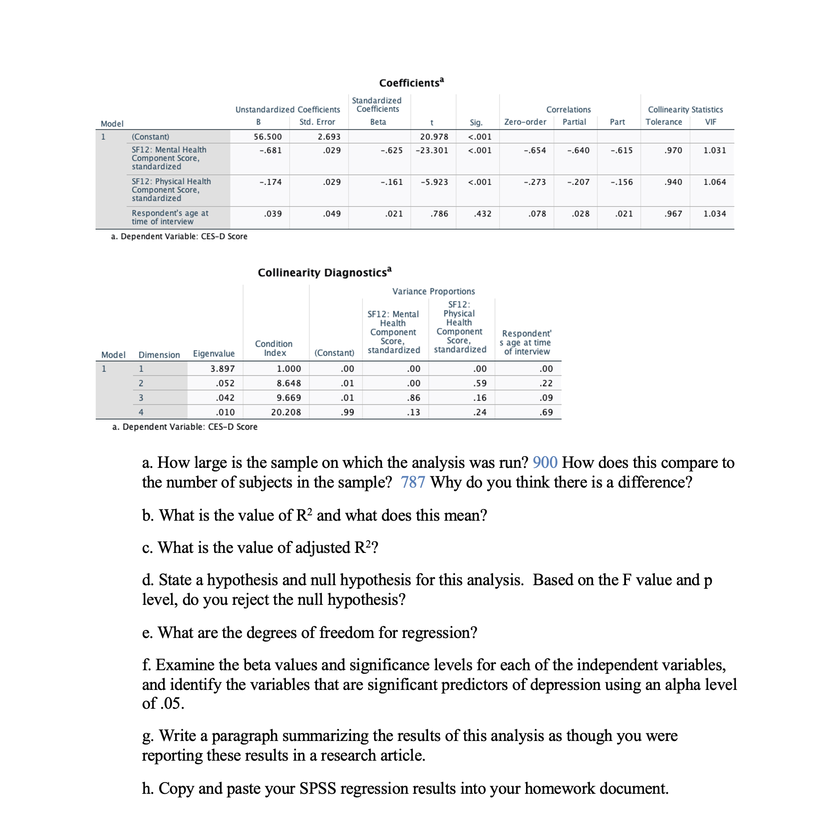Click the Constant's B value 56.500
[x=268, y=137]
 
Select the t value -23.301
[x=432, y=150]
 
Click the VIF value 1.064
[x=714, y=182]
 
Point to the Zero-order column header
[x=525, y=122]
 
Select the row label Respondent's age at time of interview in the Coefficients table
[x=170, y=217]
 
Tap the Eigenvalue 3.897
[x=222, y=368]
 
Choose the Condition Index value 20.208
[x=286, y=412]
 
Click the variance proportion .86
[x=414, y=398]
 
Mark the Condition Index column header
[x=274, y=348]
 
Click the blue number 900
[x=544, y=462]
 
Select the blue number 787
[x=412, y=482]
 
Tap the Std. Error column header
[x=317, y=122]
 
